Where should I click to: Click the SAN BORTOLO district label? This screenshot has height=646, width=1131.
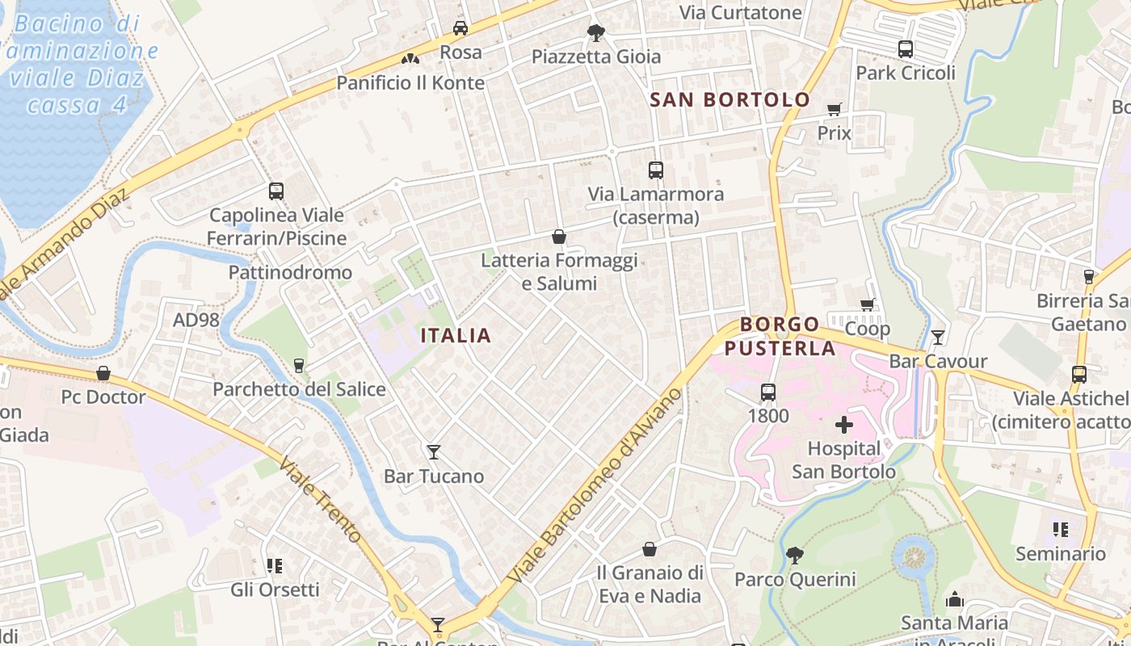[729, 99]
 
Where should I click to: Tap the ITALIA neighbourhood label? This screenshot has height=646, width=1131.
[456, 335]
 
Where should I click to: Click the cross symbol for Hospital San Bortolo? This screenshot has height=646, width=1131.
[844, 425]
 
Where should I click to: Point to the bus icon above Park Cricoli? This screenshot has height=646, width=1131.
[906, 49]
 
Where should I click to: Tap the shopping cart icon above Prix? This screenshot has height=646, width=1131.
[835, 109]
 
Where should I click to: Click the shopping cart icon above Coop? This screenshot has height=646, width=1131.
[868, 305]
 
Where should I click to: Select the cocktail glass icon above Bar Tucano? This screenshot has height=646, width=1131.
[434, 452]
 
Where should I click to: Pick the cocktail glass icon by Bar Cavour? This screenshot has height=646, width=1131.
[938, 338]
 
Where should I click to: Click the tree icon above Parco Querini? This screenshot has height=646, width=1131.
[795, 556]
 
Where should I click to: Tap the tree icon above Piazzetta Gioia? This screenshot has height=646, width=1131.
[596, 33]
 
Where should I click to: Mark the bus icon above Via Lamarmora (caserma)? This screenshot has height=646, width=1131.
[656, 170]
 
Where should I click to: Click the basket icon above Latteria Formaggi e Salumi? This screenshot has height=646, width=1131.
[558, 237]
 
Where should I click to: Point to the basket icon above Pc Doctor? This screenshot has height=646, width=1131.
[103, 373]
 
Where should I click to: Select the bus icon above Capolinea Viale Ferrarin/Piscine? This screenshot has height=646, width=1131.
[276, 191]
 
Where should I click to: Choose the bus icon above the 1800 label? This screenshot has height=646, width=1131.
[768, 392]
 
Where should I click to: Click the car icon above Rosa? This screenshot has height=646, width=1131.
[460, 28]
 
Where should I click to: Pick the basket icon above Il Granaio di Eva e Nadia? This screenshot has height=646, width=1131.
[650, 549]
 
